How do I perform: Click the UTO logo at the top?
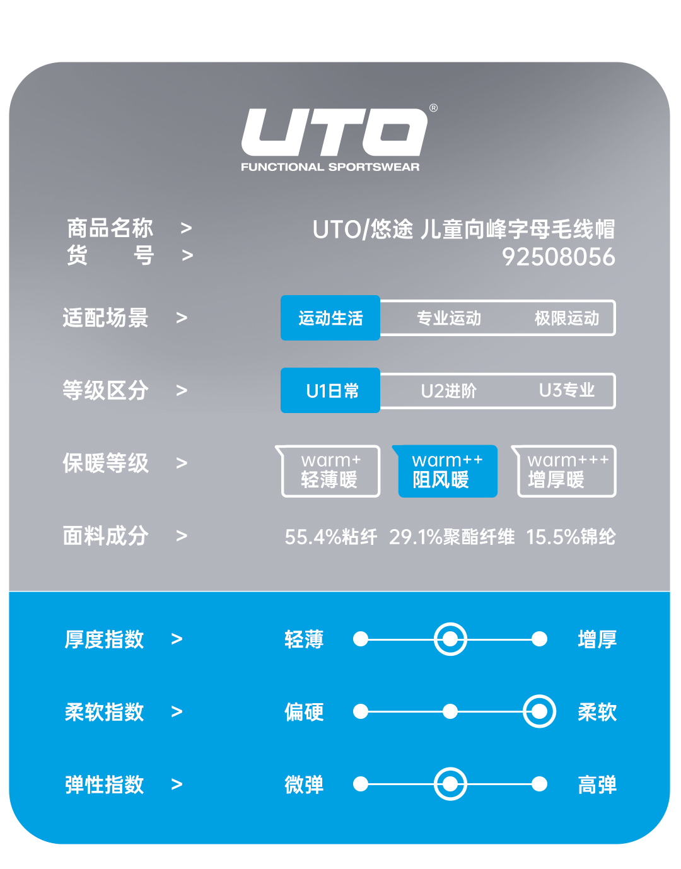click(335, 132)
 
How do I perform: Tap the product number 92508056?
click(558, 257)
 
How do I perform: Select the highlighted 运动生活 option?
click(330, 318)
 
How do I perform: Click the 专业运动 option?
click(449, 318)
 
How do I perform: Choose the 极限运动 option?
click(567, 318)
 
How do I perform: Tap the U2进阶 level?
click(449, 391)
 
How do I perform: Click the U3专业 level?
click(567, 391)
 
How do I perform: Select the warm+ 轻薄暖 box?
click(330, 471)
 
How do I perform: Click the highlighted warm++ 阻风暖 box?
click(447, 471)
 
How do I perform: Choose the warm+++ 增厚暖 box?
click(566, 471)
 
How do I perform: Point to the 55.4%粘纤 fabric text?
click(331, 537)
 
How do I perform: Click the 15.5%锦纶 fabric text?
click(571, 537)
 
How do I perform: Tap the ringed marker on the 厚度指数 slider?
click(450, 639)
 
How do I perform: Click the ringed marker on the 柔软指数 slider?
click(539, 712)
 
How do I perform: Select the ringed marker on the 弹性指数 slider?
click(450, 784)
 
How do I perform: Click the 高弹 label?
click(597, 785)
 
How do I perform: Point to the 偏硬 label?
click(304, 713)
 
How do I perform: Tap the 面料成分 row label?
click(105, 536)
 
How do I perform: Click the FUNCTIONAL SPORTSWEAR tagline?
click(330, 167)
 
